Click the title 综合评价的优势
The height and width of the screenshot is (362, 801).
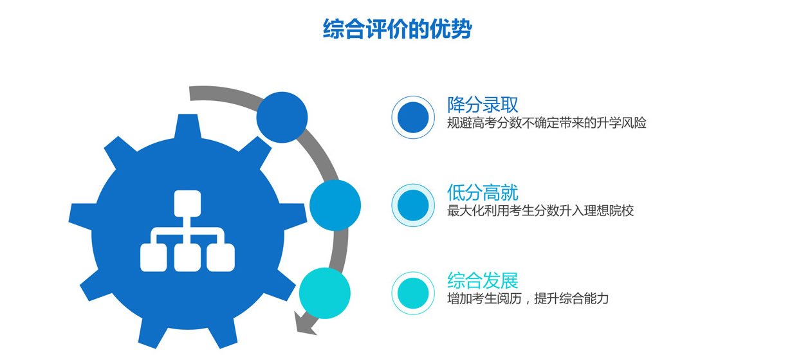coord(397,28)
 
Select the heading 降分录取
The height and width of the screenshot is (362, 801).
coord(483,105)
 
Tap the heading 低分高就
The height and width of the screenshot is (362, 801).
coord(483,193)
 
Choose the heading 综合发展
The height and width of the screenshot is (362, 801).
coord(483,280)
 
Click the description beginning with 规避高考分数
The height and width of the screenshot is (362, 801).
coord(547,123)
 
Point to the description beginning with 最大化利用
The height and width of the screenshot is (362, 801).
coord(540,211)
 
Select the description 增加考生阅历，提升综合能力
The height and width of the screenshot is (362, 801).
coord(528,298)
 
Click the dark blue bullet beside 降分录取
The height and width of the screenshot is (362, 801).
coord(413,117)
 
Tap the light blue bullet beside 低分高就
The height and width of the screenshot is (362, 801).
coord(413,205)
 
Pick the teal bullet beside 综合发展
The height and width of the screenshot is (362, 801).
coord(413,293)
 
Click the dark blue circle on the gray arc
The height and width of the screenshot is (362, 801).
coord(282,117)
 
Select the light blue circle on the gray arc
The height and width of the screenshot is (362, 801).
coord(335,205)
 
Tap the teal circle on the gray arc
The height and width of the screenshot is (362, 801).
coord(325,293)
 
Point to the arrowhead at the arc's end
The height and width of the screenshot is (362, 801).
coord(302,325)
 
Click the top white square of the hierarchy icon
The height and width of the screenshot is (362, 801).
coord(187,203)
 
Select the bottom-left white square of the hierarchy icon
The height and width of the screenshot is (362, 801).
coord(153,258)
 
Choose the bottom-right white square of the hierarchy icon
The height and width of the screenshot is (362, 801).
coord(221,258)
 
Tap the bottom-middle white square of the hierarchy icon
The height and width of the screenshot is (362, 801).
coord(187,258)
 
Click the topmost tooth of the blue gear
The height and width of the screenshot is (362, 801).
coord(188,127)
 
